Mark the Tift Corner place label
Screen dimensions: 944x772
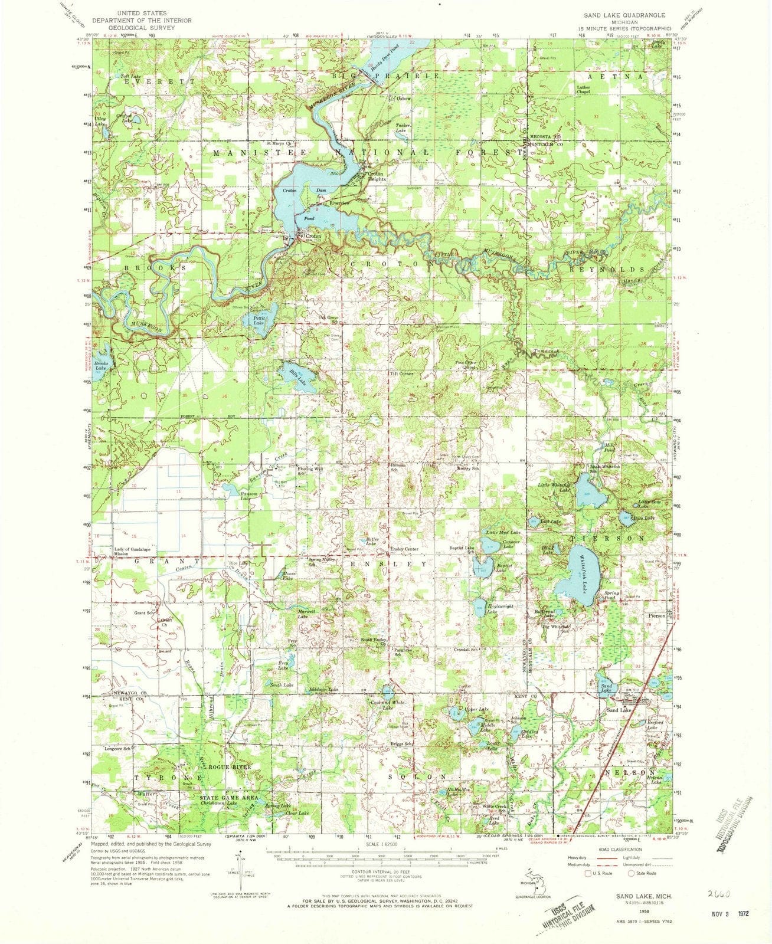pos(401,374)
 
